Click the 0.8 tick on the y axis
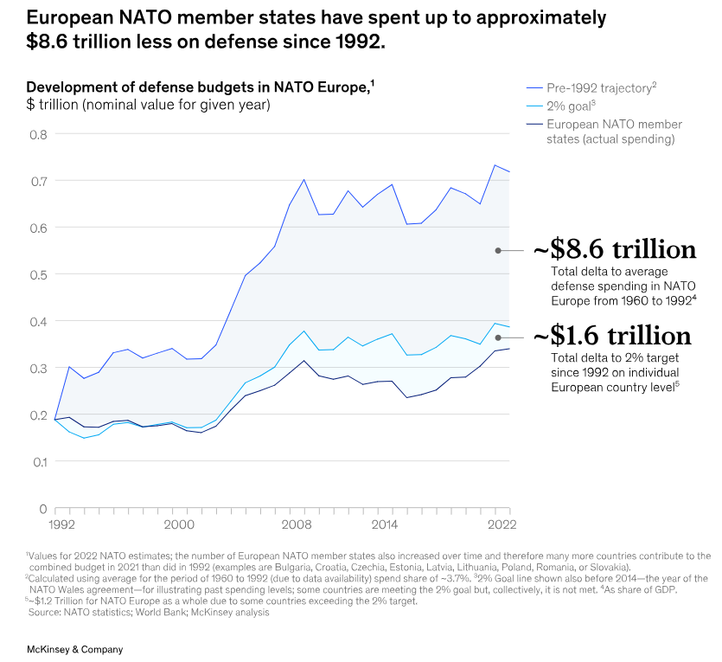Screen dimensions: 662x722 38,134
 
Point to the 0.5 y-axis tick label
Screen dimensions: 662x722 38,274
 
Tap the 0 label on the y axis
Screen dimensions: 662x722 42,508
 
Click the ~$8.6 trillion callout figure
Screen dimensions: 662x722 614,250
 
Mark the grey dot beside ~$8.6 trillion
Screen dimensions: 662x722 498,250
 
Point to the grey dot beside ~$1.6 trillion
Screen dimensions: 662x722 498,337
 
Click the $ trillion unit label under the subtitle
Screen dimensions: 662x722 148,106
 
